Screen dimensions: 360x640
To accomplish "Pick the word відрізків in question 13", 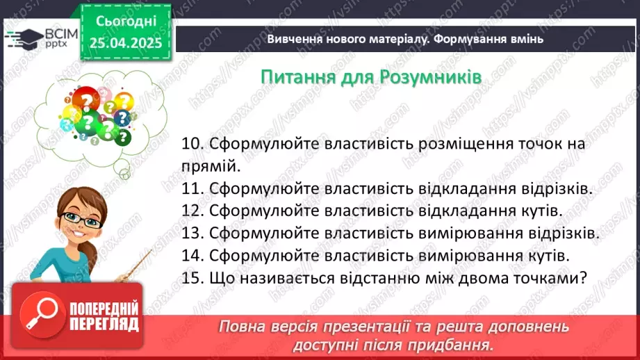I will point(564,233).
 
